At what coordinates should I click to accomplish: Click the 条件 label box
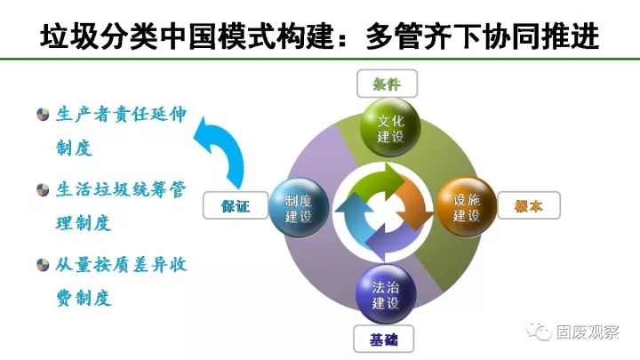pyautogui.click(x=385, y=84)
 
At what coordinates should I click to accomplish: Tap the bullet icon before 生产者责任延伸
pyautogui.click(x=42, y=115)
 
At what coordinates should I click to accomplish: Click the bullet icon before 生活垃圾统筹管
pyautogui.click(x=42, y=190)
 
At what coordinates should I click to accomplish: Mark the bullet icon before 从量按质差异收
pyautogui.click(x=42, y=265)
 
